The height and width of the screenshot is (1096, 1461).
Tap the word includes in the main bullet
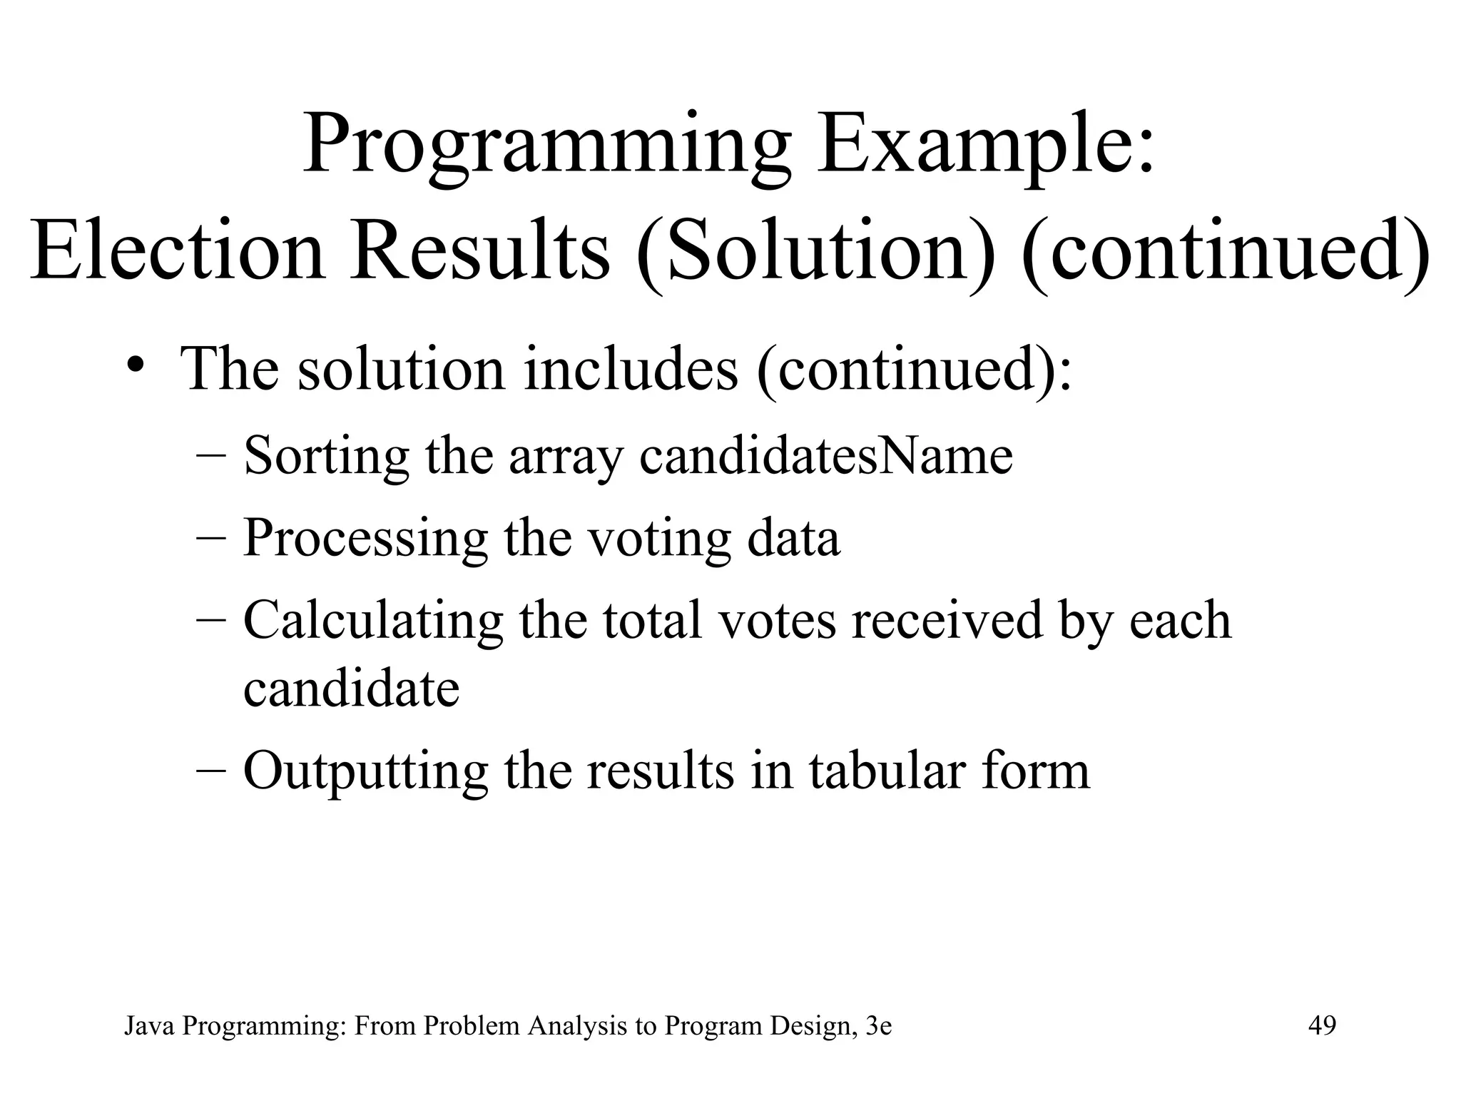[631, 370]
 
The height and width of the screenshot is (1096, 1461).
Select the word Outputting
[365, 771]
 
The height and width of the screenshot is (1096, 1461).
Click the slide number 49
[1322, 1026]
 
